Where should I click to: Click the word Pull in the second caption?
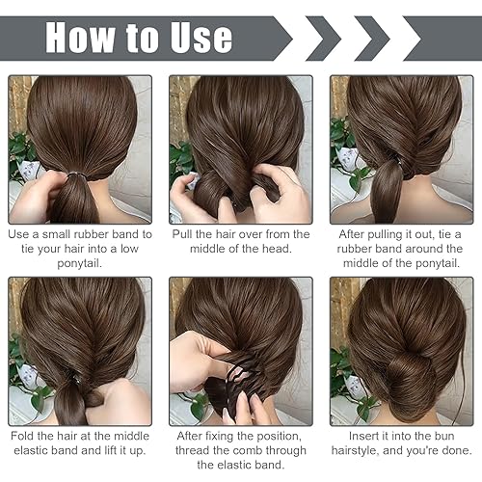coord(185,234)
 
